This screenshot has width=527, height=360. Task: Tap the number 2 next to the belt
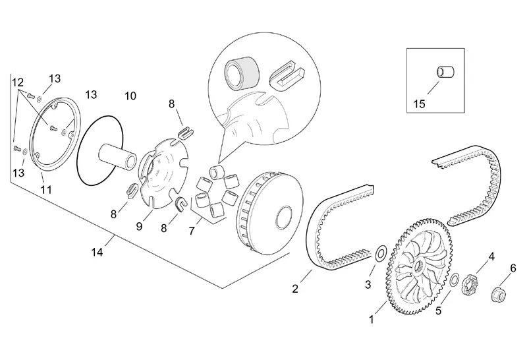point(296,289)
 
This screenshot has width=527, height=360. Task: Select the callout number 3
point(368,285)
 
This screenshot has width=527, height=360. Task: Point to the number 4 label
point(491,256)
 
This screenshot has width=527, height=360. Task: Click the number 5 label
point(439,311)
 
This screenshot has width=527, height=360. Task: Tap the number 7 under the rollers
point(192,231)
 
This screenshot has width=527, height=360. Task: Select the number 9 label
point(139,226)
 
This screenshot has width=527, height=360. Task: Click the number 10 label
point(130,96)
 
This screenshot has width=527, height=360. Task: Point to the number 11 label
point(46,190)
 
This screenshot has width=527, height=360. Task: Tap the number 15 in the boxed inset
point(419,104)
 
